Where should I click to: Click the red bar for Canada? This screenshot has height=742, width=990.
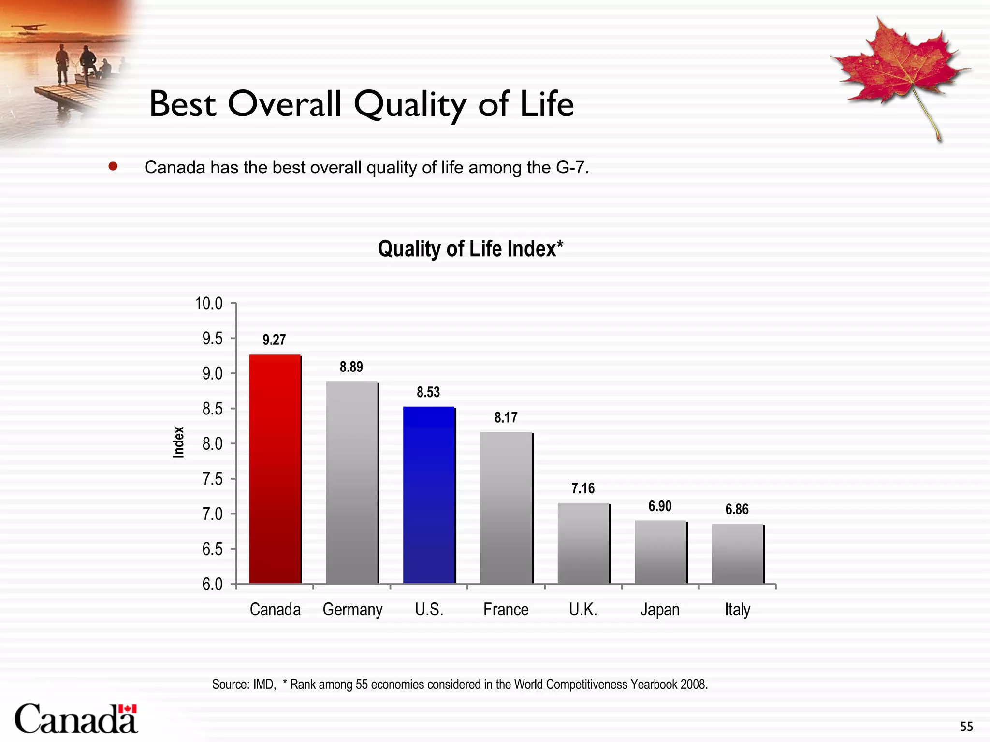click(275, 469)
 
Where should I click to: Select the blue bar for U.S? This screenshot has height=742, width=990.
click(429, 495)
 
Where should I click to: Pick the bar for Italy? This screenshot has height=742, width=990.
click(737, 554)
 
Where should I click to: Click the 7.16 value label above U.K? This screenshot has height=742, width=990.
click(583, 488)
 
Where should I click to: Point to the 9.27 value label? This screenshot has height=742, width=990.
click(274, 340)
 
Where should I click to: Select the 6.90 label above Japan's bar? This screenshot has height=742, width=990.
click(660, 506)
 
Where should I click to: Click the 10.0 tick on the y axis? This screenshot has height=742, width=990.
click(209, 304)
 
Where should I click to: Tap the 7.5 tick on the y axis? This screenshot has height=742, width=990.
click(212, 479)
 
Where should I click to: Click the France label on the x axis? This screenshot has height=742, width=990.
click(506, 610)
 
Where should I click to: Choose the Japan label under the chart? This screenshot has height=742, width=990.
click(660, 610)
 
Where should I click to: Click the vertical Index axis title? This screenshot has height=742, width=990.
click(179, 442)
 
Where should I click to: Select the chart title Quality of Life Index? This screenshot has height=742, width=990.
click(470, 249)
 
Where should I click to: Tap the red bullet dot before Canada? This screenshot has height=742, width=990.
click(113, 167)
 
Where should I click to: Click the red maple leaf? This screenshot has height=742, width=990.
click(899, 68)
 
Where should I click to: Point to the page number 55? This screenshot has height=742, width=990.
click(966, 727)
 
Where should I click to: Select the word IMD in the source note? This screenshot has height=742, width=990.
click(264, 685)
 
